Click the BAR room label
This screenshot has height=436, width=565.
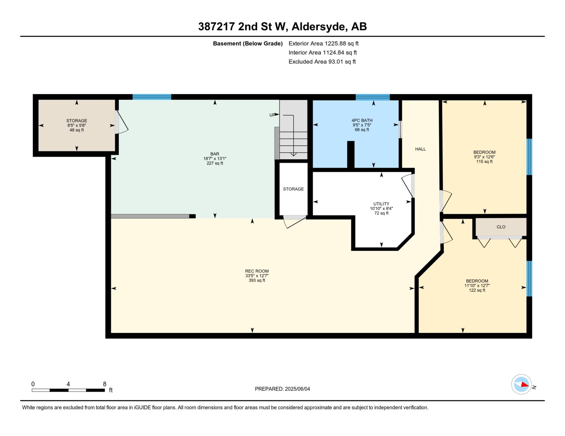(x=215, y=154)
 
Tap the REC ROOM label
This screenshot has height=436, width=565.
(x=257, y=271)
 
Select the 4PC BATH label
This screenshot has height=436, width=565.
(x=362, y=120)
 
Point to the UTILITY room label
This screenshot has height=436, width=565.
(x=381, y=204)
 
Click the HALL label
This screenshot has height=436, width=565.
(x=420, y=149)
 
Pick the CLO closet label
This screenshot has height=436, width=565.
(x=501, y=227)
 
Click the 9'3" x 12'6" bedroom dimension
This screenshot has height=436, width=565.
(x=484, y=157)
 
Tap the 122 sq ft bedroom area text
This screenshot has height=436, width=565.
(x=477, y=290)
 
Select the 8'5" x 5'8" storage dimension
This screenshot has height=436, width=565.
(x=77, y=125)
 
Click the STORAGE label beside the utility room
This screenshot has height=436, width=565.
(x=293, y=189)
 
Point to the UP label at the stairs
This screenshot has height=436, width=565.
(x=272, y=115)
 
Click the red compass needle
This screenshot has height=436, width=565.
(x=525, y=384)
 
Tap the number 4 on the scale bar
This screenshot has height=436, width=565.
(x=68, y=384)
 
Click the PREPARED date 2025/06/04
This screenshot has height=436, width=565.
(x=297, y=389)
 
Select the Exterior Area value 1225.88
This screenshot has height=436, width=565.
(x=335, y=44)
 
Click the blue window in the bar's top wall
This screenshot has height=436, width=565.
(x=152, y=97)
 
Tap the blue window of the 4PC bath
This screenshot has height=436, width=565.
(x=373, y=97)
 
